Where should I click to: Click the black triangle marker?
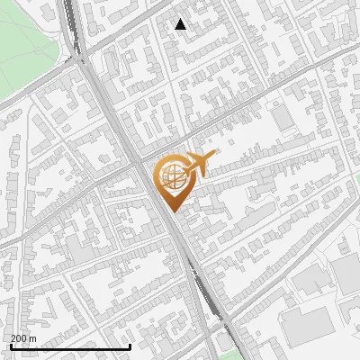[x=181, y=24]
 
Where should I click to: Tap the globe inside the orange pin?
[x=174, y=176]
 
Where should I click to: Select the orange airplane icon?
[x=199, y=163]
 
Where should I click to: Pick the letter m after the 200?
[x=34, y=338]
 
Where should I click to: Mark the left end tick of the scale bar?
[x=10, y=346]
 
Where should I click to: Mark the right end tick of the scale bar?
[x=130, y=346]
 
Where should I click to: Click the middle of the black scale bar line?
[x=70, y=346]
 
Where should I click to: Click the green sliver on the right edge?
[x=356, y=180]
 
